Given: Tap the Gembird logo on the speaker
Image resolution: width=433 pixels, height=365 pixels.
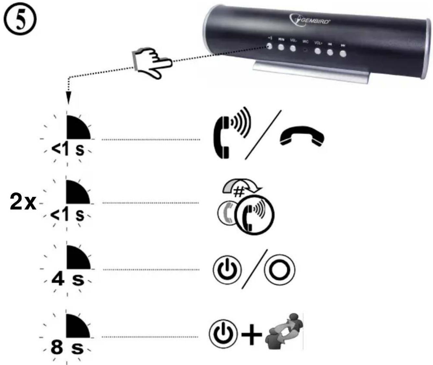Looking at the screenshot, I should (x=309, y=20).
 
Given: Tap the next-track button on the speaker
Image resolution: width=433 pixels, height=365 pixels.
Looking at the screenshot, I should (x=343, y=53).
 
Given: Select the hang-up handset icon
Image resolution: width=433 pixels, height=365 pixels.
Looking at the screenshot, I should (x=302, y=136).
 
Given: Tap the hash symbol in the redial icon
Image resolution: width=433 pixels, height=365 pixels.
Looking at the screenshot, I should (x=239, y=193).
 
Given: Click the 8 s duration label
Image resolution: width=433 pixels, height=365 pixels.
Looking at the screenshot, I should (x=67, y=347).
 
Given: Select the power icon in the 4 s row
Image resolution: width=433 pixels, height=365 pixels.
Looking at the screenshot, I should (x=227, y=269).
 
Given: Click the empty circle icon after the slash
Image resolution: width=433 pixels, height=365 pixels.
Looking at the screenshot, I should (x=279, y=269).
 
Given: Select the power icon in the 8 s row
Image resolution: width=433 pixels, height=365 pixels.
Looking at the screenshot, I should (x=223, y=334).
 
